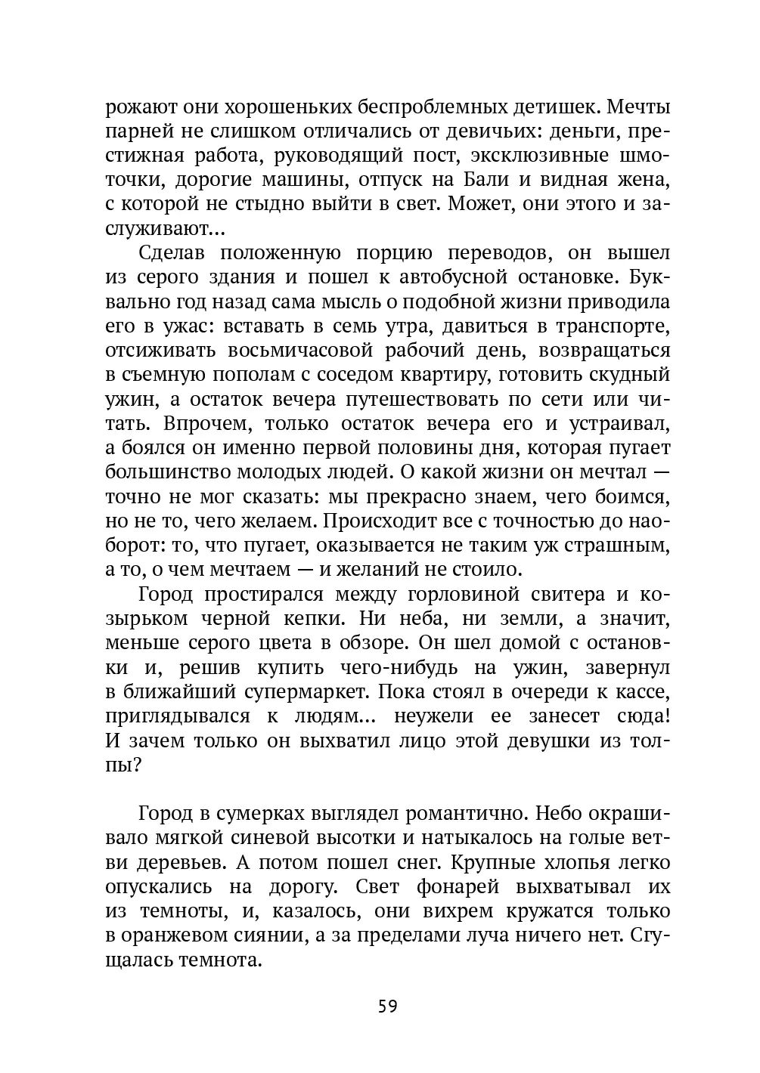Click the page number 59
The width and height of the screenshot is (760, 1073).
(x=387, y=1006)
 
